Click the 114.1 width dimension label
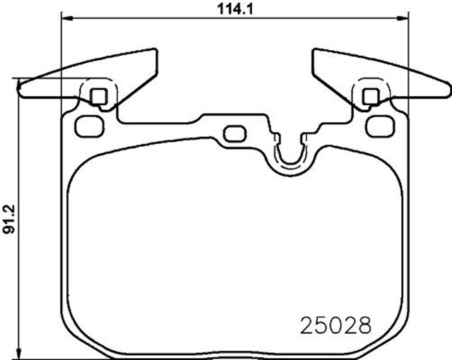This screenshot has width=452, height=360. pyautogui.click(x=235, y=8)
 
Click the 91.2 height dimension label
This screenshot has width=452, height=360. pyautogui.click(x=9, y=219)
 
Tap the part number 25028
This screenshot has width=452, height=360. pyautogui.click(x=336, y=325)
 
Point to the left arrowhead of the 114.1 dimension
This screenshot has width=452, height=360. pyautogui.click(x=67, y=18)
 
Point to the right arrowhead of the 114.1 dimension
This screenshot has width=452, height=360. pyautogui.click(x=402, y=18)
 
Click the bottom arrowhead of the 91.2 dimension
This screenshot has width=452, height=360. pyautogui.click(x=19, y=354)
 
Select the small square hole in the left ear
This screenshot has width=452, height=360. pyautogui.click(x=99, y=97)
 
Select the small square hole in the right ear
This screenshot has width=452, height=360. pyautogui.click(x=371, y=97)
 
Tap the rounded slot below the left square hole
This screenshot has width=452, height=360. pyautogui.click(x=90, y=126)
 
